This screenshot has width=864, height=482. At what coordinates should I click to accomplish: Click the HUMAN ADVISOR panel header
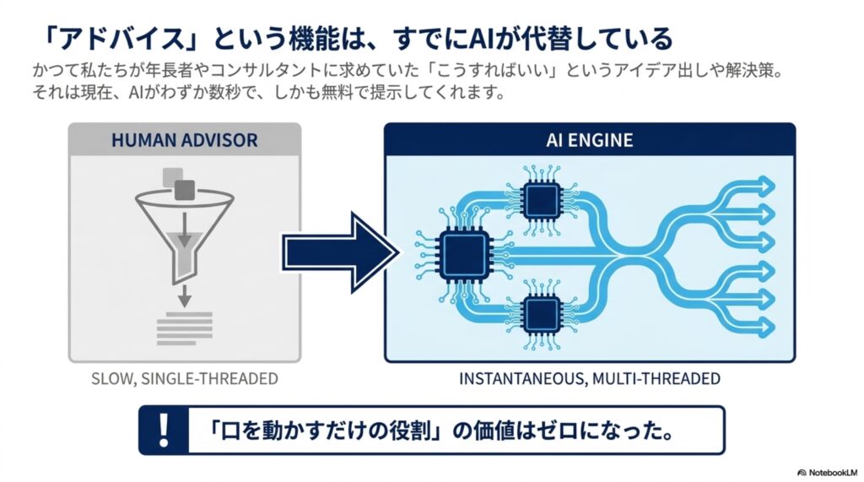(x=185, y=139)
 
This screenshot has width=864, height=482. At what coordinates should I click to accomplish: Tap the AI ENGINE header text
(x=590, y=140)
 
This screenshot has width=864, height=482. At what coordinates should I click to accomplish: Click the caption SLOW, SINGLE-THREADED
(x=185, y=379)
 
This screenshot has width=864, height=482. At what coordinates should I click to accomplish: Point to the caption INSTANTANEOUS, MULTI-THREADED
(x=590, y=379)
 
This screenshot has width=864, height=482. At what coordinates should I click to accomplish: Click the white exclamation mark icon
(x=163, y=431)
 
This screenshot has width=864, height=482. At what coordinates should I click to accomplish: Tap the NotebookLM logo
(x=828, y=473)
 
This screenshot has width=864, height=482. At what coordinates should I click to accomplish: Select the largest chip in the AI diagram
(x=463, y=254)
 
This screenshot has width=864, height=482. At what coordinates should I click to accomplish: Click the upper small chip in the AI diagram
(x=543, y=200)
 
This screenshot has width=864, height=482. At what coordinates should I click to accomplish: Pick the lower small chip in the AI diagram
(x=543, y=314)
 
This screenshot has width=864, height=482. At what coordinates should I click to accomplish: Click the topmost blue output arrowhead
(x=766, y=186)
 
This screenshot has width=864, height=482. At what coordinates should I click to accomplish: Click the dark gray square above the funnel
(x=185, y=190)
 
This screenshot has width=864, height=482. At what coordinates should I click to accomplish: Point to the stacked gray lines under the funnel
(x=185, y=328)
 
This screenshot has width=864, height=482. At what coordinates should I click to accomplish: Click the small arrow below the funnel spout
(x=185, y=296)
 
